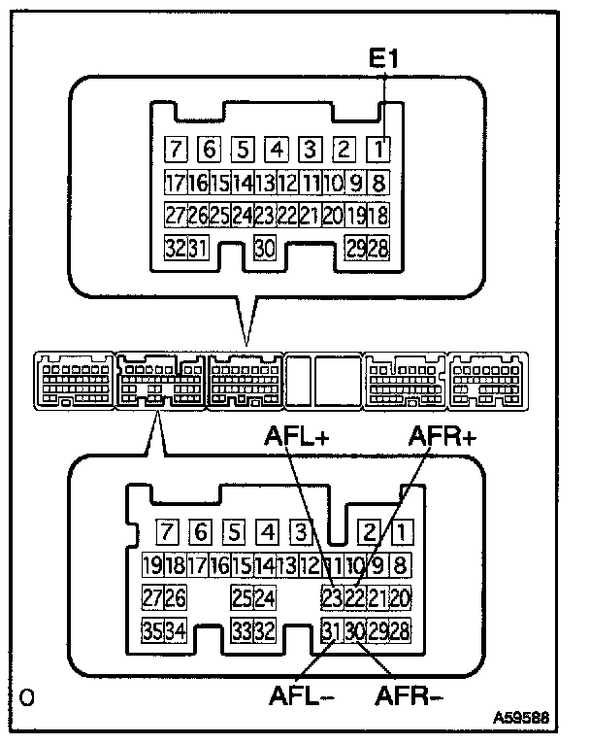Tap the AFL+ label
(x=298, y=438)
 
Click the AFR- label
(x=408, y=696)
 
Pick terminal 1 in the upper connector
(x=378, y=150)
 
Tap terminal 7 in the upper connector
(x=176, y=150)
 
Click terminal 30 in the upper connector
(x=264, y=247)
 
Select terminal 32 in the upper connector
(x=175, y=247)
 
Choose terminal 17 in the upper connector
(x=175, y=182)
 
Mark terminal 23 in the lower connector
(x=333, y=597)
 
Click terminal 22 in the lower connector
(x=355, y=597)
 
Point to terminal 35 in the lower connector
(x=152, y=630)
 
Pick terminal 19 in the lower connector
(x=152, y=565)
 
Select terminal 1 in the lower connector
(x=401, y=532)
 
